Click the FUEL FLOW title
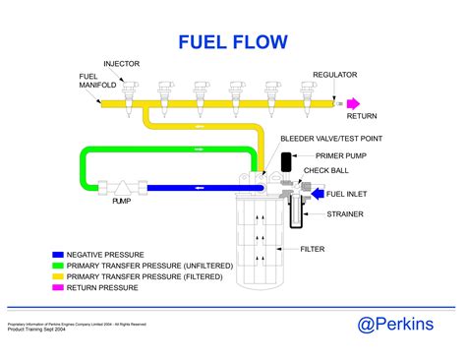click(x=232, y=41)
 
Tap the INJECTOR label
click(x=121, y=64)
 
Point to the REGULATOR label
click(x=334, y=75)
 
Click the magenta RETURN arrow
click(x=351, y=102)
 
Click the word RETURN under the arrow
click(x=362, y=115)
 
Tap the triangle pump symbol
click(x=122, y=185)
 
